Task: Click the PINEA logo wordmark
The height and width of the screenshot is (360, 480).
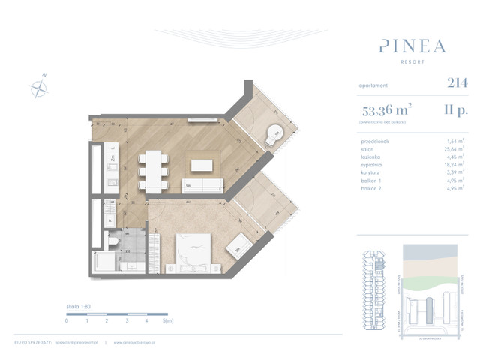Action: (x=412, y=46)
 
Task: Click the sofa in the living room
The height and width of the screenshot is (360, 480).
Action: (x=205, y=186)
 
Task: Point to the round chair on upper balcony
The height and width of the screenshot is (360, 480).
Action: (x=274, y=135)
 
